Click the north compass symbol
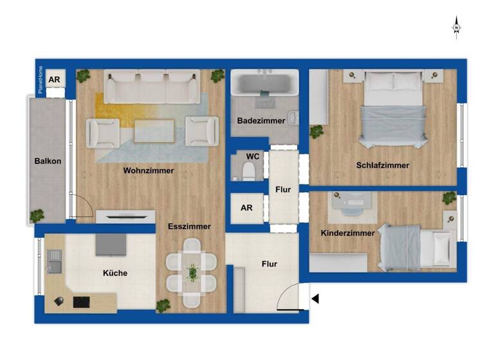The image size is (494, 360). point(456,28)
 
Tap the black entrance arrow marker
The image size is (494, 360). point(315,298)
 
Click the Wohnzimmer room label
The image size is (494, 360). point(149,170)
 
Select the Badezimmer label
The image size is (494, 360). point(261,120)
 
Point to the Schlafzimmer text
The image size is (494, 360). point(382,165)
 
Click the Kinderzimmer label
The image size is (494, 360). point(348,233)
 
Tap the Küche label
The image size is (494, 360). point(115,273)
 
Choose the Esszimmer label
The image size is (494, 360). point(189,226)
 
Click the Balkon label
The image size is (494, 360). point(48,161)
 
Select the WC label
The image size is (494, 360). point(253,156)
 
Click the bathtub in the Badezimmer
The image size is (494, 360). point(264,84)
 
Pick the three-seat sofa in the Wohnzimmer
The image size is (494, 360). point(152,87)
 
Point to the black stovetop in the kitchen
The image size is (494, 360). point(82,301)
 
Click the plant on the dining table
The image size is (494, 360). point(192,273)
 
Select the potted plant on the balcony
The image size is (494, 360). point(38,215)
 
